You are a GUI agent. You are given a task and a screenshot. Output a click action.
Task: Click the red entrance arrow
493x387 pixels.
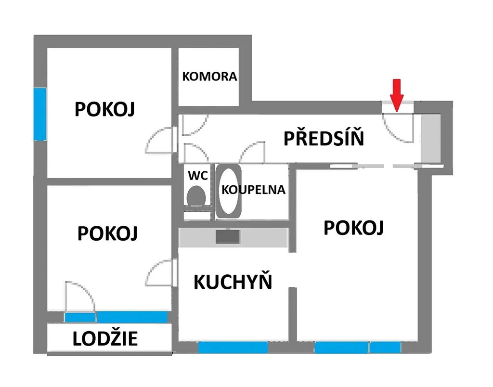397,95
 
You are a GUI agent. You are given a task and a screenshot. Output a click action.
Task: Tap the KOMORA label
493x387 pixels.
209,77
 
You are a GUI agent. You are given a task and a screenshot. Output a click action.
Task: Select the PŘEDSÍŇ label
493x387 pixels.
324,138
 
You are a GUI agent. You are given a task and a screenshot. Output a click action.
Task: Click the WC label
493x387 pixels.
198,175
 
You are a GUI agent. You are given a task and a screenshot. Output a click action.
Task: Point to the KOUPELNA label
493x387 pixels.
253,190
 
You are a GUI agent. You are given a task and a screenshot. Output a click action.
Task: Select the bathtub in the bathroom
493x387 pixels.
229,191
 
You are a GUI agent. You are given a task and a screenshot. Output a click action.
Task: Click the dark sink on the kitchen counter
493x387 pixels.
228,237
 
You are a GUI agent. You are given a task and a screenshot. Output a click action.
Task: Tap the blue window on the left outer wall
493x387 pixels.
40,114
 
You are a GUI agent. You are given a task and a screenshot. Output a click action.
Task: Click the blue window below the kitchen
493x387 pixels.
233,348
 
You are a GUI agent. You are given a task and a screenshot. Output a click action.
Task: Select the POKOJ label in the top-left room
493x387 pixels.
104,109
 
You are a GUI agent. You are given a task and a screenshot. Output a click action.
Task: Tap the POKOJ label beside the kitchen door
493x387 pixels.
107,233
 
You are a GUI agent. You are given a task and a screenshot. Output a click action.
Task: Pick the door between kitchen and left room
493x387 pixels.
159,272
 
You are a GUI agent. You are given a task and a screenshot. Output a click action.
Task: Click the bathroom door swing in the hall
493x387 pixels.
252,152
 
